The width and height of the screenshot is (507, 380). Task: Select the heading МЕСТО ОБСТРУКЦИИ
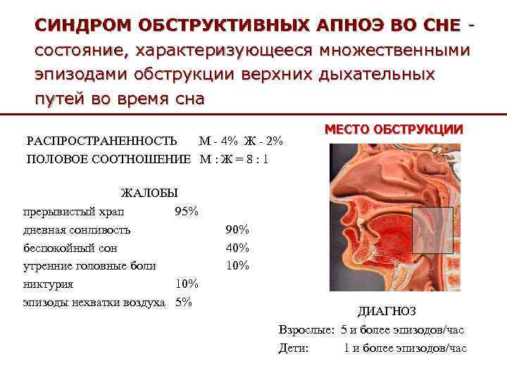coord(394,129)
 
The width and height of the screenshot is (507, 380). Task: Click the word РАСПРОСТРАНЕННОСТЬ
coord(101,141)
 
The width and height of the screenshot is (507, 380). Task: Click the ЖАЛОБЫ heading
coord(149,193)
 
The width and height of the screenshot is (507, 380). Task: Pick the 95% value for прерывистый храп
coord(187,211)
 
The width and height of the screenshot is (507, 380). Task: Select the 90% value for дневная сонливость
coord(237,229)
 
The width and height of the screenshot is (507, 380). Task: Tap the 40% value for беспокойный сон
coord(237,248)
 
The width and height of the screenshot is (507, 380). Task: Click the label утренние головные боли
coord(89,265)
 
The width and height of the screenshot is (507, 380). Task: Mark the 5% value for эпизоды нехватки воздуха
coord(183,302)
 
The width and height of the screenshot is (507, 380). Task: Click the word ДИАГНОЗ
coord(387,312)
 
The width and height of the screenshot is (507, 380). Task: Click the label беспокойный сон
coord(70,248)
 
